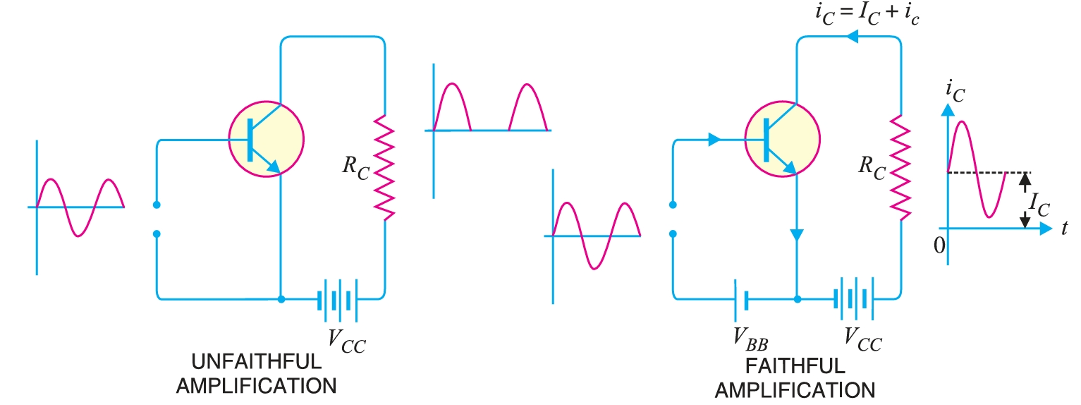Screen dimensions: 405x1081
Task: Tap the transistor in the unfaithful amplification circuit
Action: (267, 138)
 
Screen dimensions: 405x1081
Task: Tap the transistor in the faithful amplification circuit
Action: (783, 138)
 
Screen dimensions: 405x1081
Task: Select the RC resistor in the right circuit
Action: (900, 167)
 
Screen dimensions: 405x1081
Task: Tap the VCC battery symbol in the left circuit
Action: (337, 298)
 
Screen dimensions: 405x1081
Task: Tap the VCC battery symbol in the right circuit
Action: (854, 298)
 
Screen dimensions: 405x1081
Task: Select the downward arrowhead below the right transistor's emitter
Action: (797, 236)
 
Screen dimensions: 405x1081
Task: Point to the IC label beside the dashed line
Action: (1039, 204)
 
